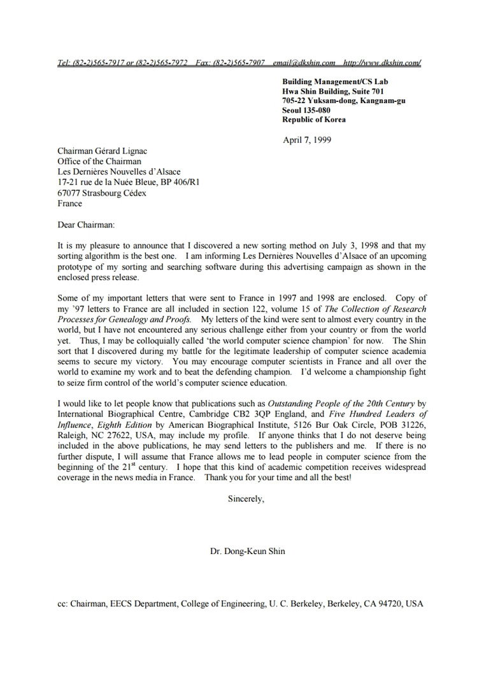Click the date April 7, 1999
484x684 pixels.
click(307, 140)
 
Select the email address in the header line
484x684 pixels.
click(304, 63)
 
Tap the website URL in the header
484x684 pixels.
click(381, 63)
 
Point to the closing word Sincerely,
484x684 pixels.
click(246, 499)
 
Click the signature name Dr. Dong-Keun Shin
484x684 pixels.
click(248, 552)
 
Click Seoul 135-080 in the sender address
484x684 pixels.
click(306, 110)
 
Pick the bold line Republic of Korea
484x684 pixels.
click(314, 120)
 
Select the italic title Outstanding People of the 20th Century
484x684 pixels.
click(341, 404)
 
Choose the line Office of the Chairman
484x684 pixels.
click(99, 161)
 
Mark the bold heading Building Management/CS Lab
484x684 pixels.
click(335, 82)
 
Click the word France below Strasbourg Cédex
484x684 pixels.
click(70, 204)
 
